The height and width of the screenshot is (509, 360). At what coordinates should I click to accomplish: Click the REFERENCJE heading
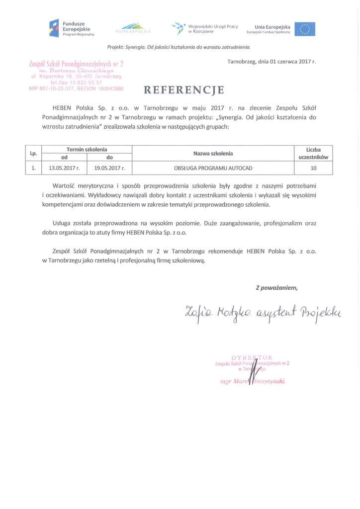click(x=183, y=90)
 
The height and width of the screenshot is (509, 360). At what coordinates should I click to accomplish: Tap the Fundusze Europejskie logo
click(x=72, y=28)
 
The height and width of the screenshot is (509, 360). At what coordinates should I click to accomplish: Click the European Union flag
click(x=304, y=29)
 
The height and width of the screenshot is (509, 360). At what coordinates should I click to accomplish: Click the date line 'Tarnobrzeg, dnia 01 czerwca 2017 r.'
click(x=271, y=62)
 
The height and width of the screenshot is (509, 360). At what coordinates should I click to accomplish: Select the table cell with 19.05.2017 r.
click(x=109, y=168)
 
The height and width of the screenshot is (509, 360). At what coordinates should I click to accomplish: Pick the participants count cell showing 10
click(x=313, y=168)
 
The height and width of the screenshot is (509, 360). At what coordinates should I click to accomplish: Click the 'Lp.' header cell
click(x=33, y=154)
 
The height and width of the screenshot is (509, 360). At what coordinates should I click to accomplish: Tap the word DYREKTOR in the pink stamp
click(x=252, y=357)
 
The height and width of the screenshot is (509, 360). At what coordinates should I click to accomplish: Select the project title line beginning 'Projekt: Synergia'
click(x=179, y=47)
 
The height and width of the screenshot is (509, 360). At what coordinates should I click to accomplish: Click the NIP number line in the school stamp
click(x=76, y=88)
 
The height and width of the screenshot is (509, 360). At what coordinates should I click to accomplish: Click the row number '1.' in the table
click(x=33, y=168)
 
